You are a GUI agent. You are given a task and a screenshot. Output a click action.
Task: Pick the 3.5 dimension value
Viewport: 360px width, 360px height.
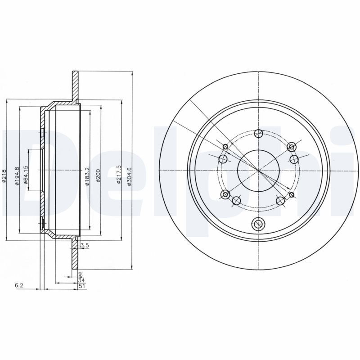tap(84, 246)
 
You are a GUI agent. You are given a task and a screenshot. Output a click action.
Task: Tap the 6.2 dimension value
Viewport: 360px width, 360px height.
tap(18, 285)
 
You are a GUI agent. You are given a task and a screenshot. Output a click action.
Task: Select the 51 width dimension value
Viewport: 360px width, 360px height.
tap(81, 285)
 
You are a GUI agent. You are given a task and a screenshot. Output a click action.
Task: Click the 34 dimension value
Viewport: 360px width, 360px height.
tap(81, 279)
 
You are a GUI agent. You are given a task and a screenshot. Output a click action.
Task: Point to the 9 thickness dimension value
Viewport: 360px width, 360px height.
tap(80, 274)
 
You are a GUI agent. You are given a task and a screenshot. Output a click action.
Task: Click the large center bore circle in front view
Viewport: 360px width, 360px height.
tap(259, 170)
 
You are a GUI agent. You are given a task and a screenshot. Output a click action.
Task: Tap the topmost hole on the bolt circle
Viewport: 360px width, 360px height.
tap(259, 133)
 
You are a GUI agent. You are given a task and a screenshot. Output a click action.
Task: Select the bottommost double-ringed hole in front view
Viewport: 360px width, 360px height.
tap(259, 223)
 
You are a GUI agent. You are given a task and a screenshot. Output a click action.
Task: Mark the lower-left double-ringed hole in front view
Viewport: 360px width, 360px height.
tap(225, 194)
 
